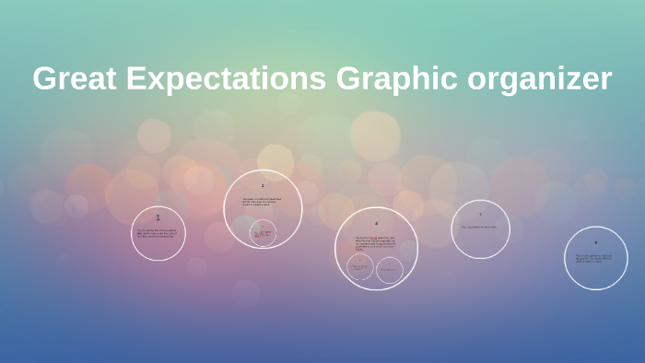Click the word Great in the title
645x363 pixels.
(75, 78)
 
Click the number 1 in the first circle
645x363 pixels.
(158, 217)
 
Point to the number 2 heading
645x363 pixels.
(263, 186)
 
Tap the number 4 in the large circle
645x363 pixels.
(376, 224)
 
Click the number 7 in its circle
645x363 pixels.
(480, 215)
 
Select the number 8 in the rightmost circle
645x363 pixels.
(595, 242)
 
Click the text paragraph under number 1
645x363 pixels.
(158, 233)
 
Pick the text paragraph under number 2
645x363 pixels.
(263, 201)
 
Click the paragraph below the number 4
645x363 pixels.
(376, 243)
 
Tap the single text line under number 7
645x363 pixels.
(480, 227)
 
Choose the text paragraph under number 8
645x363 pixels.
(595, 258)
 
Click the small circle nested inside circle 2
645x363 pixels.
(263, 233)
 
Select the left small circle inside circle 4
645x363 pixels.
(360, 268)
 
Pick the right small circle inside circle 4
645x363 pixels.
(390, 270)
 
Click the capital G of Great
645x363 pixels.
(45, 78)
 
